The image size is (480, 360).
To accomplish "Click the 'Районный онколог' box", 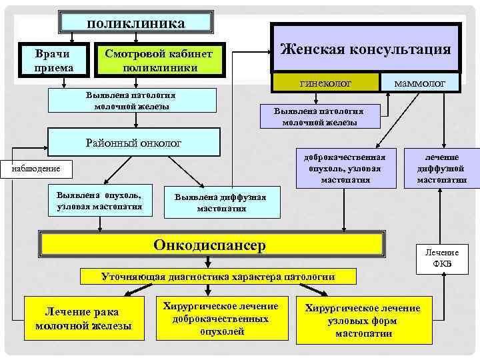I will pos(133,142).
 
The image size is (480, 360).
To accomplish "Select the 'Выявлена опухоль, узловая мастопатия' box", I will pos(99,201).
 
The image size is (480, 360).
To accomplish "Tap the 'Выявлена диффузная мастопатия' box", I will pos(221,203).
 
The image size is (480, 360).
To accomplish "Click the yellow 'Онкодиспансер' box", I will pos(210,245).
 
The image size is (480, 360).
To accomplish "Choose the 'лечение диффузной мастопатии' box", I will pos(442,168).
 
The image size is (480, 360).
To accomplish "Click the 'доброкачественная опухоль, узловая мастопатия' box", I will pos(345,168).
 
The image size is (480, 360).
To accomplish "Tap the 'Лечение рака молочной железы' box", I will pos(83,318).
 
